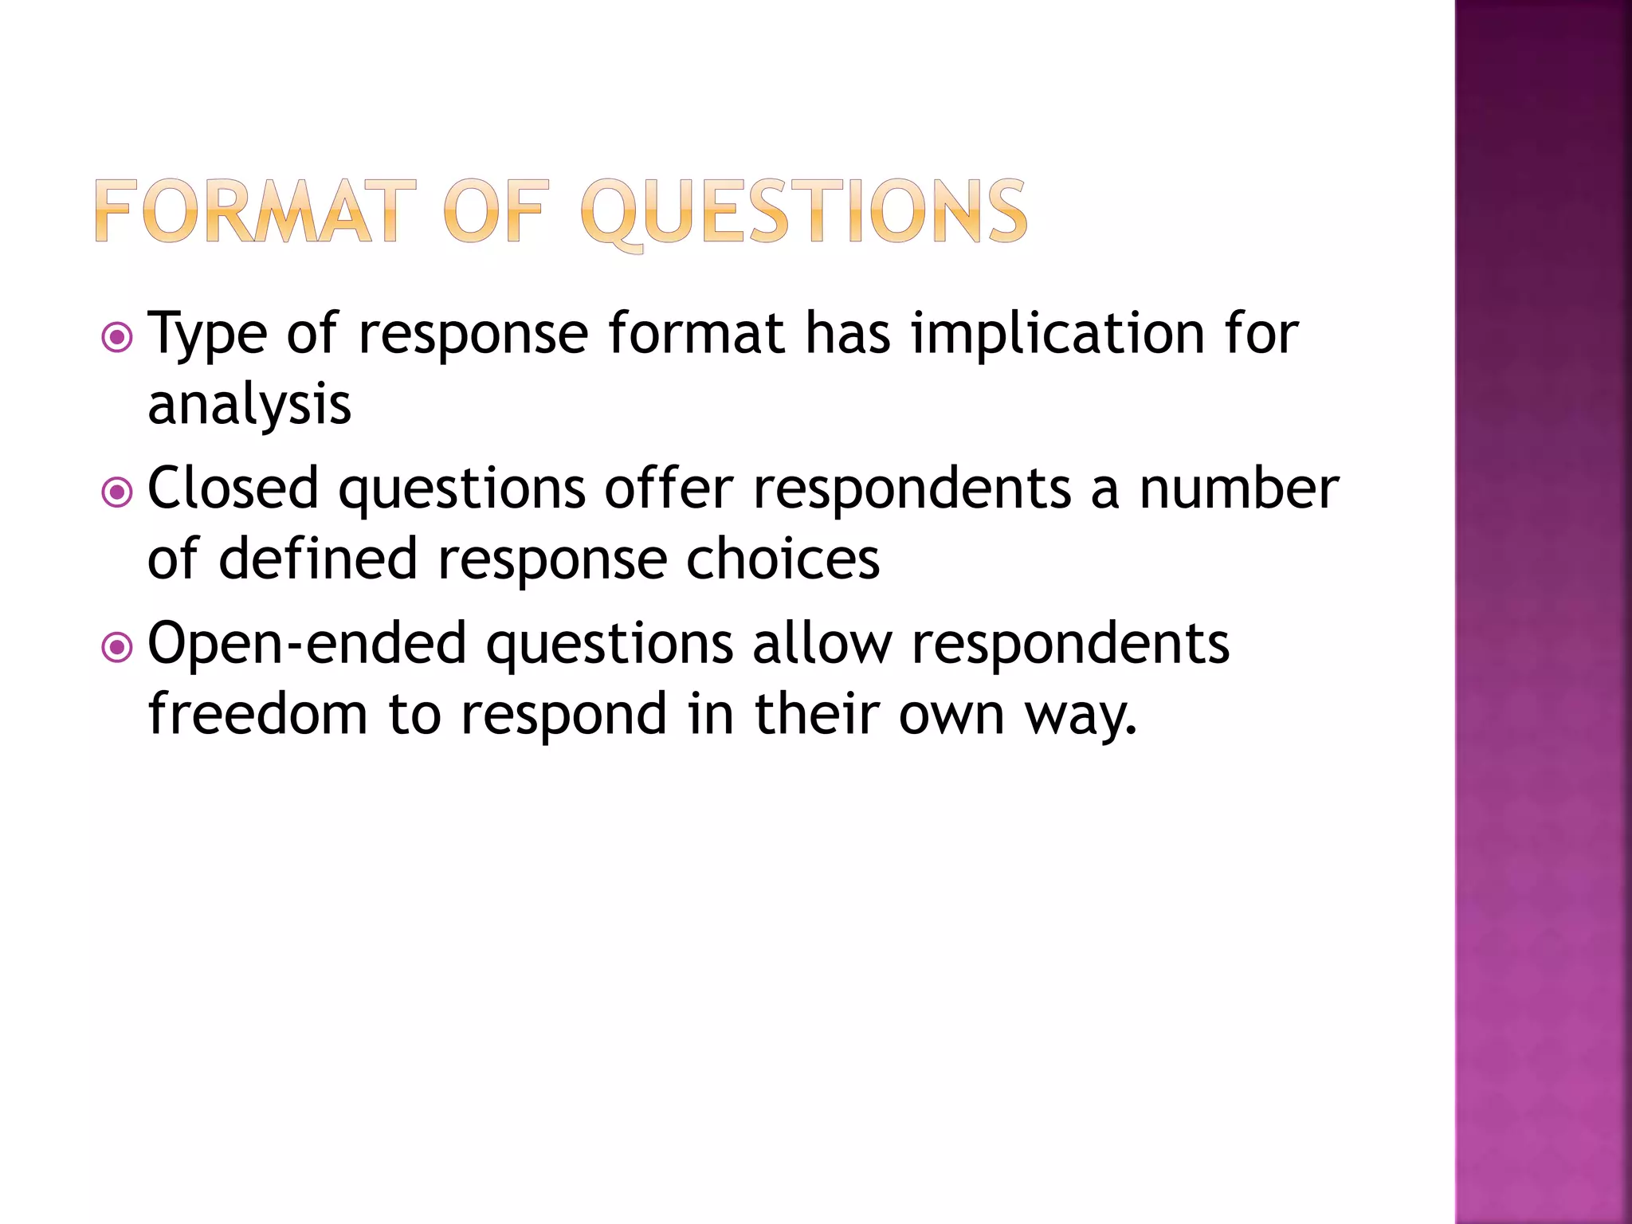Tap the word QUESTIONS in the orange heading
pos(803,212)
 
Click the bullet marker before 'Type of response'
pos(117,337)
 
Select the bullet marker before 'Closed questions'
pos(117,492)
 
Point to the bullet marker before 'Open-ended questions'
pos(117,647)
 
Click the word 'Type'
pos(207,335)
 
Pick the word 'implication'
pos(1058,335)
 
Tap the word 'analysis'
pos(249,405)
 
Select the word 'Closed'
pos(233,488)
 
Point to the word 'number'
pos(1239,488)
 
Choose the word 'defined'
pos(318,559)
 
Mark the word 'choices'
pos(783,559)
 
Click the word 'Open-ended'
pos(307,644)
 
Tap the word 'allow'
pos(822,644)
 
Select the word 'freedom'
pos(257,714)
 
